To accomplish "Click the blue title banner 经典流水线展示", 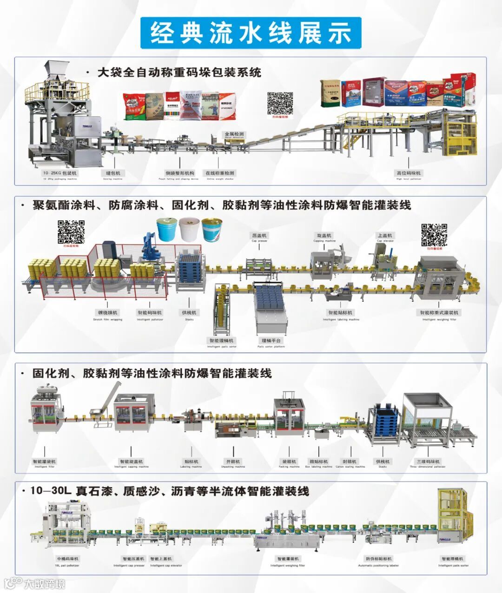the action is pos(251,33).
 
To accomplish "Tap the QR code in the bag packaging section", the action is pos(280,104).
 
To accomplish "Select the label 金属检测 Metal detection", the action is pos(234,135).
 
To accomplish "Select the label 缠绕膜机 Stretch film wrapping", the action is pos(107,314).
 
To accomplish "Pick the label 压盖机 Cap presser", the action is pos(259,237).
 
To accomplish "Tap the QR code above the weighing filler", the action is pos(434,235).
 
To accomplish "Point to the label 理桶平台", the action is pos(271,342).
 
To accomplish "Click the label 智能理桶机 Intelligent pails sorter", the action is pos(221,342).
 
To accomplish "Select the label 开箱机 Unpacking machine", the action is pos(233,463).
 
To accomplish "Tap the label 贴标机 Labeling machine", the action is pos(191,463).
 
